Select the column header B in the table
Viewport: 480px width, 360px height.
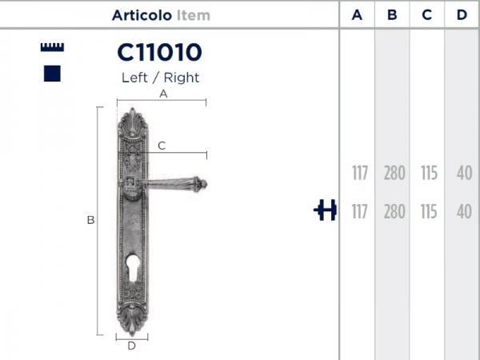(x=392, y=15)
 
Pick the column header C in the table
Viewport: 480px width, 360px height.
(x=427, y=15)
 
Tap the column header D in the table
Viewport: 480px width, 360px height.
(x=462, y=15)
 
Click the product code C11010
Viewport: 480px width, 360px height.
(x=159, y=53)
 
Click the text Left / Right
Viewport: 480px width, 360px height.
(x=160, y=78)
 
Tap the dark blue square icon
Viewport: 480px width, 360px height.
(x=53, y=74)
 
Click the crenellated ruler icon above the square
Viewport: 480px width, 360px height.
(x=53, y=48)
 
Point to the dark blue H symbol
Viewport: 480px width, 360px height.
(x=325, y=211)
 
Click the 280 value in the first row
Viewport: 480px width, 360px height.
(x=394, y=173)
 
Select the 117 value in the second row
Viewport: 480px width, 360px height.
(x=358, y=212)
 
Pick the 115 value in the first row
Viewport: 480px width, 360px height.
(x=428, y=173)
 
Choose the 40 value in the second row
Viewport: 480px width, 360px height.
(x=462, y=212)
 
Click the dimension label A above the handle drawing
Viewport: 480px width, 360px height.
(x=163, y=94)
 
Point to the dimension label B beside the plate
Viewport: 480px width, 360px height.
(x=90, y=220)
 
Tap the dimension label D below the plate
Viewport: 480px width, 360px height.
(x=131, y=346)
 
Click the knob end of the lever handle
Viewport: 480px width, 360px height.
(x=202, y=185)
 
